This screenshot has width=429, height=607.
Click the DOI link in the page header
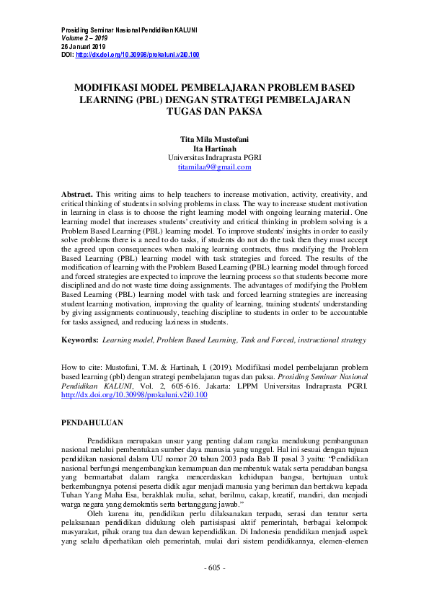pos(137,55)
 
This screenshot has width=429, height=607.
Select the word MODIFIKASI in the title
pos(112,87)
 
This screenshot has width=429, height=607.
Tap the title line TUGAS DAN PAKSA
pos(214,112)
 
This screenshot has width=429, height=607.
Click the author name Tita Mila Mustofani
pos(214,138)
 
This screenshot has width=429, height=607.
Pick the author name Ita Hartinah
pos(214,148)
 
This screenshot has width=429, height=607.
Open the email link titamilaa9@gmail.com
pos(214,167)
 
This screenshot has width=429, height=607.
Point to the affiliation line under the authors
pos(214,157)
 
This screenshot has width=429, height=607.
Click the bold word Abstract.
pos(76,195)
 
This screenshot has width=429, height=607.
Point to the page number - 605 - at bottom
pos(214,588)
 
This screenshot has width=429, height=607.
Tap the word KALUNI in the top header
pos(185,30)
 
